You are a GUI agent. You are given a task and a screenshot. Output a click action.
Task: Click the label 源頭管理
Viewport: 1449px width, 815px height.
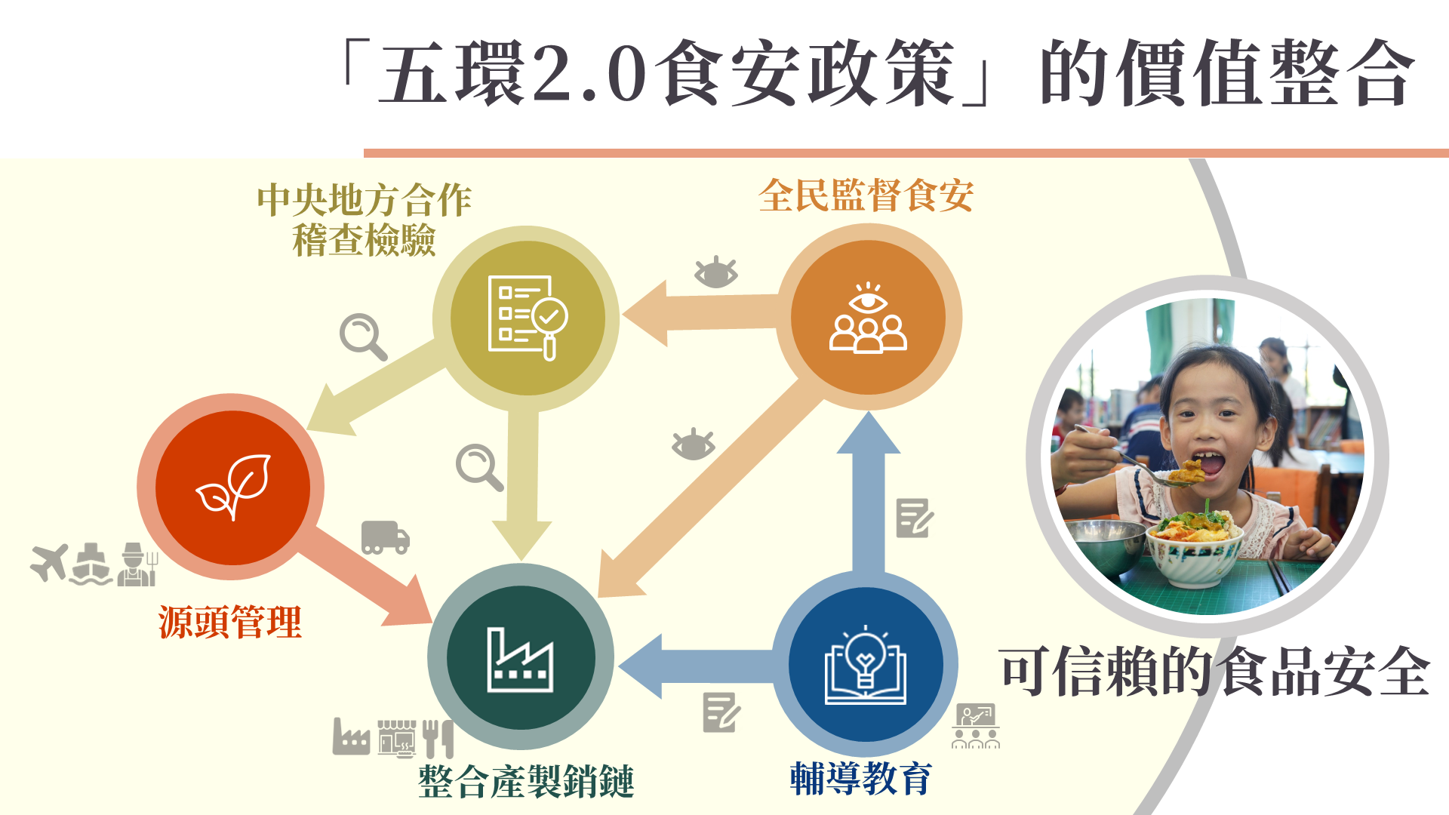click(x=230, y=623)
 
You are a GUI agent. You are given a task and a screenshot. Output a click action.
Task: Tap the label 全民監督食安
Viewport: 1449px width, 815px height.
click(x=866, y=195)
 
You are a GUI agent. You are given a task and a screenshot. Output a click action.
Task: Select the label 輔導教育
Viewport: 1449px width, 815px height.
click(x=861, y=779)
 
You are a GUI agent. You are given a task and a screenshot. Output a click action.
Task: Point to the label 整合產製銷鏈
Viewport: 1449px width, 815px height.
click(x=526, y=781)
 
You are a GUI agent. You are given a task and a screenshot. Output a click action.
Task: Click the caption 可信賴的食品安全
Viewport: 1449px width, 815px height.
click(x=1214, y=672)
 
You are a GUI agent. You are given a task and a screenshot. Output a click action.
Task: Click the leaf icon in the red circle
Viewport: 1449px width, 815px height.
click(x=233, y=487)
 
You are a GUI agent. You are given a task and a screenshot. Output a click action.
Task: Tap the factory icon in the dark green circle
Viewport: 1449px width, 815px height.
click(x=520, y=660)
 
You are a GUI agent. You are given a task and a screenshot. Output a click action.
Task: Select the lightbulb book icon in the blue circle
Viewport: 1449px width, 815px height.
click(x=866, y=665)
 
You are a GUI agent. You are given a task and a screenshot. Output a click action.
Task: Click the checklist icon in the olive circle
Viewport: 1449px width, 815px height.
click(x=528, y=318)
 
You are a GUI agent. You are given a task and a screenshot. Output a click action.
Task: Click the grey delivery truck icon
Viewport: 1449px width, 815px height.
click(x=386, y=537)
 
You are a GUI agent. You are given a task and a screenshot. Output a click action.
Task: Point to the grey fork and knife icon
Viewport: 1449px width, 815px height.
click(x=438, y=738)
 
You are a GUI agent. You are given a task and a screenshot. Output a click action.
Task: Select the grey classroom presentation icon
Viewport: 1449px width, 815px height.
click(x=976, y=726)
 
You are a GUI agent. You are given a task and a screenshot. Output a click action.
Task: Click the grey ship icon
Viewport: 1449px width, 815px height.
click(x=91, y=564)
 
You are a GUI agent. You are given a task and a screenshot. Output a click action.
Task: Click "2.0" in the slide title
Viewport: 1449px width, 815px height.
click(x=589, y=73)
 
